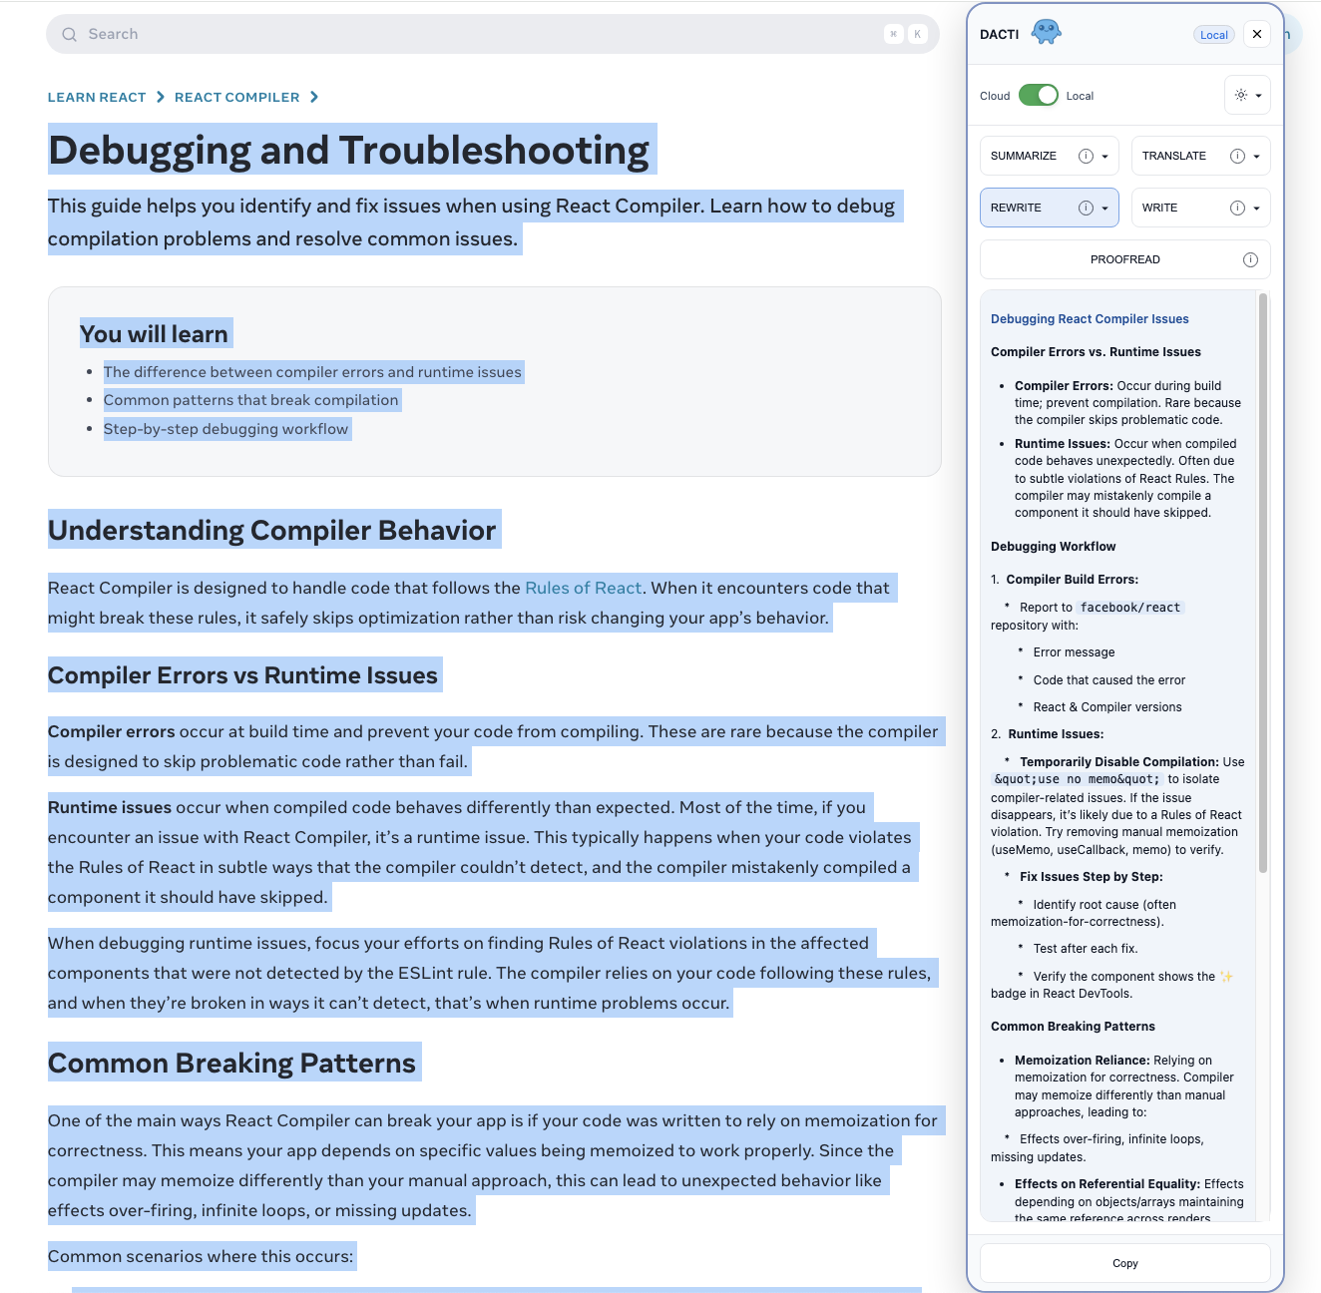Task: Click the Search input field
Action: (x=479, y=34)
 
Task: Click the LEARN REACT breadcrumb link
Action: (x=97, y=97)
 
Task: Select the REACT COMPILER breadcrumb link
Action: (x=236, y=97)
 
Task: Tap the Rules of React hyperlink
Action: (x=583, y=588)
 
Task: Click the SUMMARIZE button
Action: (x=1024, y=156)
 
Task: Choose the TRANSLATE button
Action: (x=1174, y=156)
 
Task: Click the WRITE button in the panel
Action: (x=1160, y=208)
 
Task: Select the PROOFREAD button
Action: (x=1124, y=259)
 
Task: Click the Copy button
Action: (x=1124, y=1263)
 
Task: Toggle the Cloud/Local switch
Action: (x=1038, y=95)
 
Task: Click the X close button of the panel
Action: (x=1257, y=34)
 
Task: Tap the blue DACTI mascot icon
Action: (x=1046, y=32)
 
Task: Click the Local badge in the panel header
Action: (x=1213, y=35)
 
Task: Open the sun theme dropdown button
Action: (x=1247, y=95)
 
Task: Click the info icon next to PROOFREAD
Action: (x=1250, y=259)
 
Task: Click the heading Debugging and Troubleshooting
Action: (x=349, y=150)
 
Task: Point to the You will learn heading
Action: (x=155, y=334)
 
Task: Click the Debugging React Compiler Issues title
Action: (x=1090, y=319)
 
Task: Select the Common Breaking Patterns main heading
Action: (x=232, y=1063)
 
